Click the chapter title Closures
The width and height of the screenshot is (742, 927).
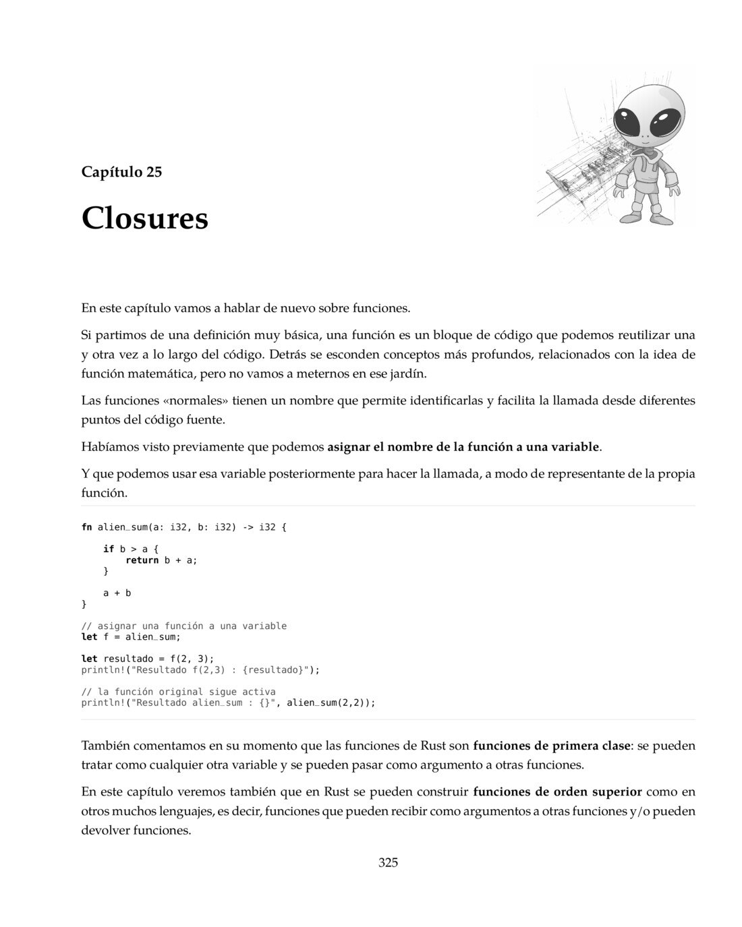[144, 218]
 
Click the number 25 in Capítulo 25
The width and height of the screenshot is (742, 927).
[154, 172]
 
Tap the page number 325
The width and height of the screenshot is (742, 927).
[388, 862]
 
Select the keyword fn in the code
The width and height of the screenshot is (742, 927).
[86, 527]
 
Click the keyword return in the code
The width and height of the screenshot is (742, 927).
[142, 560]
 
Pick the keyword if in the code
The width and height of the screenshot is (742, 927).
[108, 549]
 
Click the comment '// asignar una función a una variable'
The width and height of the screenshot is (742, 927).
[183, 626]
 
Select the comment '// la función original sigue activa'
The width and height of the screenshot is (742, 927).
[178, 692]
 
